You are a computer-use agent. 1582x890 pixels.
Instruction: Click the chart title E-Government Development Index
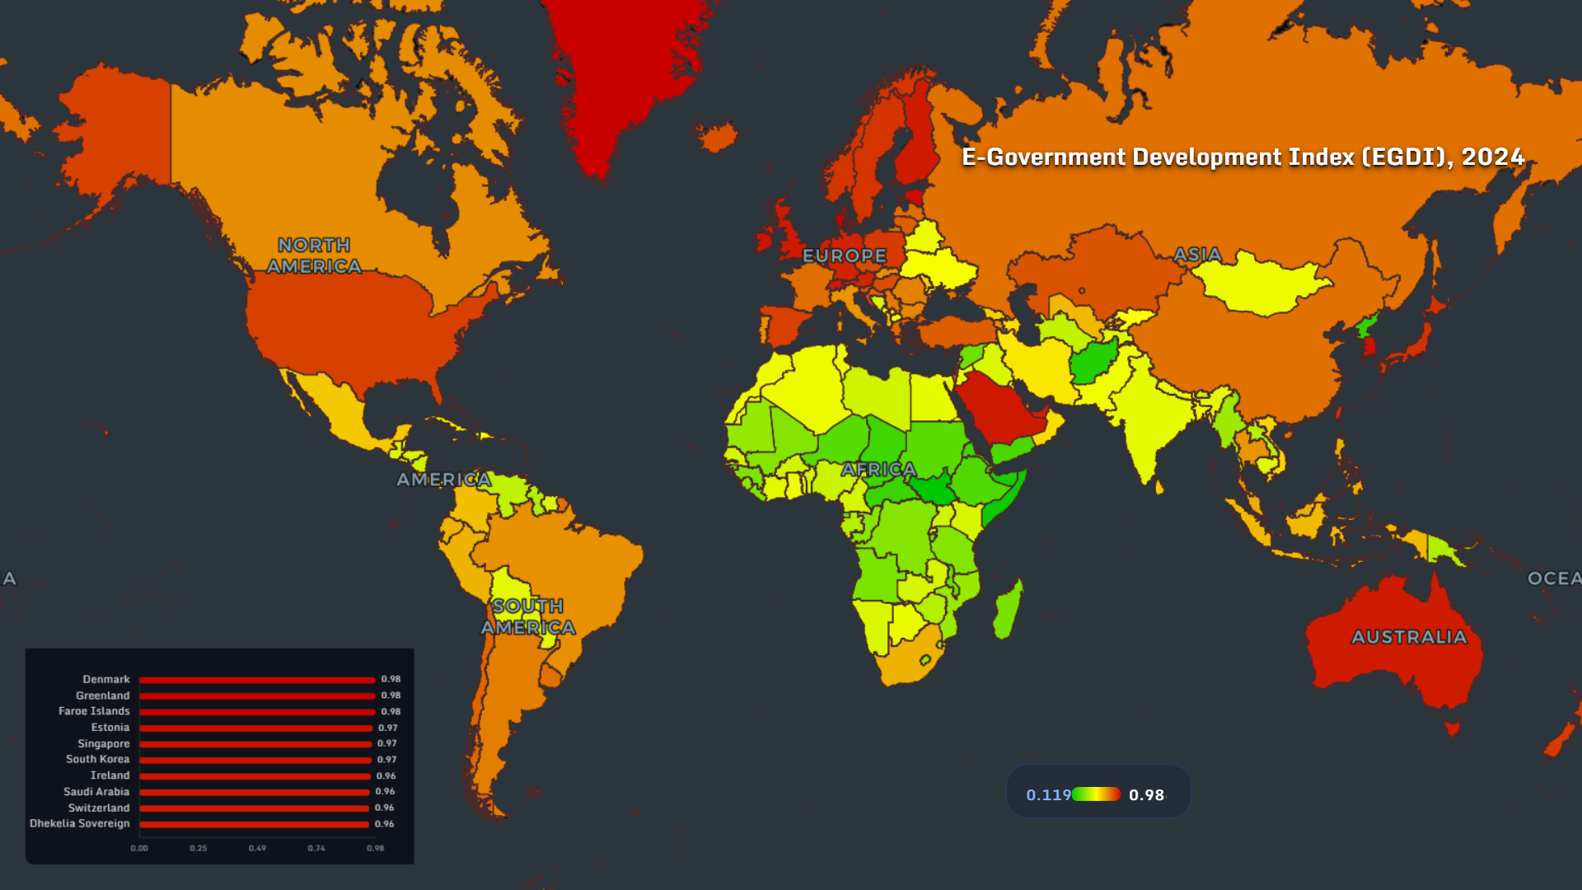coord(1243,157)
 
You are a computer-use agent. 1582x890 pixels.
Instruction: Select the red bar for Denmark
coord(257,680)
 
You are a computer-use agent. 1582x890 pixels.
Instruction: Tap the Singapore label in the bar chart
coord(104,743)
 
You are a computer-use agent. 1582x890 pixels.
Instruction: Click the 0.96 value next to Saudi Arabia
coord(385,791)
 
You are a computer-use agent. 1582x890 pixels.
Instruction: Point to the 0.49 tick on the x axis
coord(257,848)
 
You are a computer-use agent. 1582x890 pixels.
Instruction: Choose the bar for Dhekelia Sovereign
coord(254,824)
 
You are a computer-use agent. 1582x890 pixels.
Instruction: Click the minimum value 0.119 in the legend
coord(1047,795)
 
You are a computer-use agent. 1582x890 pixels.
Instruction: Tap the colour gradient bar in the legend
coord(1096,794)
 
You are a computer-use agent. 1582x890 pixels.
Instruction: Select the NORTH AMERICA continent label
coord(314,255)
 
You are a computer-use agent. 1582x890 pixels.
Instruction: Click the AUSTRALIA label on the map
coord(1409,637)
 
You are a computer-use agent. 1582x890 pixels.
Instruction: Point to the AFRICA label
coord(878,470)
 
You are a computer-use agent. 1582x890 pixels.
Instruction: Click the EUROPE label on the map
coord(845,256)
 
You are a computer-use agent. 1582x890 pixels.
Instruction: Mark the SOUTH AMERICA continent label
coord(528,616)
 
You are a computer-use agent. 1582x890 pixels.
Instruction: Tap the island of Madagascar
coord(1008,610)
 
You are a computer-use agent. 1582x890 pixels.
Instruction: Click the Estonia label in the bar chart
coord(110,728)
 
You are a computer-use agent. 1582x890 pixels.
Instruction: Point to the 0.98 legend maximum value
coord(1146,795)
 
